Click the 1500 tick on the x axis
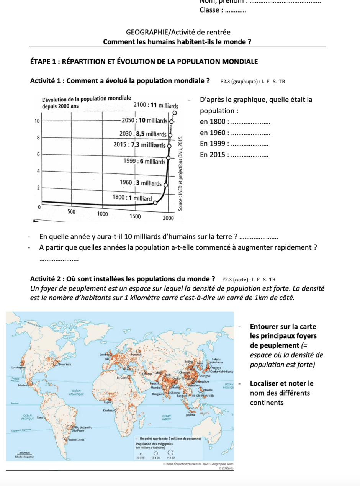(135, 216)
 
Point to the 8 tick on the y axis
(37, 137)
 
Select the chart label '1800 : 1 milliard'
(132, 198)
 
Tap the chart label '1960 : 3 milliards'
(141, 183)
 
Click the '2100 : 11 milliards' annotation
(156, 105)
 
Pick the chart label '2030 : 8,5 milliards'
(143, 134)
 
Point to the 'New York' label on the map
(66, 364)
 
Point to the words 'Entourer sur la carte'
(283, 327)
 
